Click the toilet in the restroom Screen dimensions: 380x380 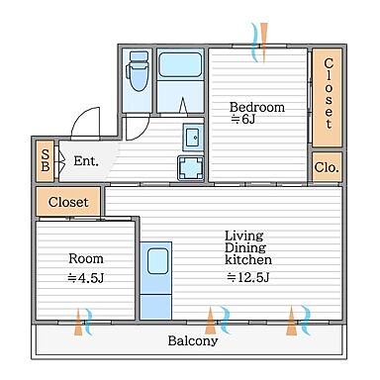[138, 70]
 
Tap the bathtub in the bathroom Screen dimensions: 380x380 [180, 64]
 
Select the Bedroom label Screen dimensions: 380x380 [257, 107]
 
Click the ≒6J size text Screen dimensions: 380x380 [243, 119]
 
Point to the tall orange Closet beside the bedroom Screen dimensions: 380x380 [327, 97]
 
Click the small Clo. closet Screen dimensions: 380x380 [327, 167]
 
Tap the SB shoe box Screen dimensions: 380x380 [46, 160]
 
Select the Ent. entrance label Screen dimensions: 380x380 [86, 161]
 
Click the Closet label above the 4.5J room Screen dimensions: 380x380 [68, 202]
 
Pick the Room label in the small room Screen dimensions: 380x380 [86, 258]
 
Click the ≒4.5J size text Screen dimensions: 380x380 [86, 278]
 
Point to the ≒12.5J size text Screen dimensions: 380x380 [248, 277]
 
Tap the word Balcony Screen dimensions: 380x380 [193, 340]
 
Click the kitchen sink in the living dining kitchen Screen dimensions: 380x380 [157, 261]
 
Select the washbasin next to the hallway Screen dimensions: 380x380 [193, 138]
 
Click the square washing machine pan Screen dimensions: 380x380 [191, 168]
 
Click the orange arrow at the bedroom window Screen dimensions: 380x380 [263, 43]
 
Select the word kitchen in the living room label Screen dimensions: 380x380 [248, 259]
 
